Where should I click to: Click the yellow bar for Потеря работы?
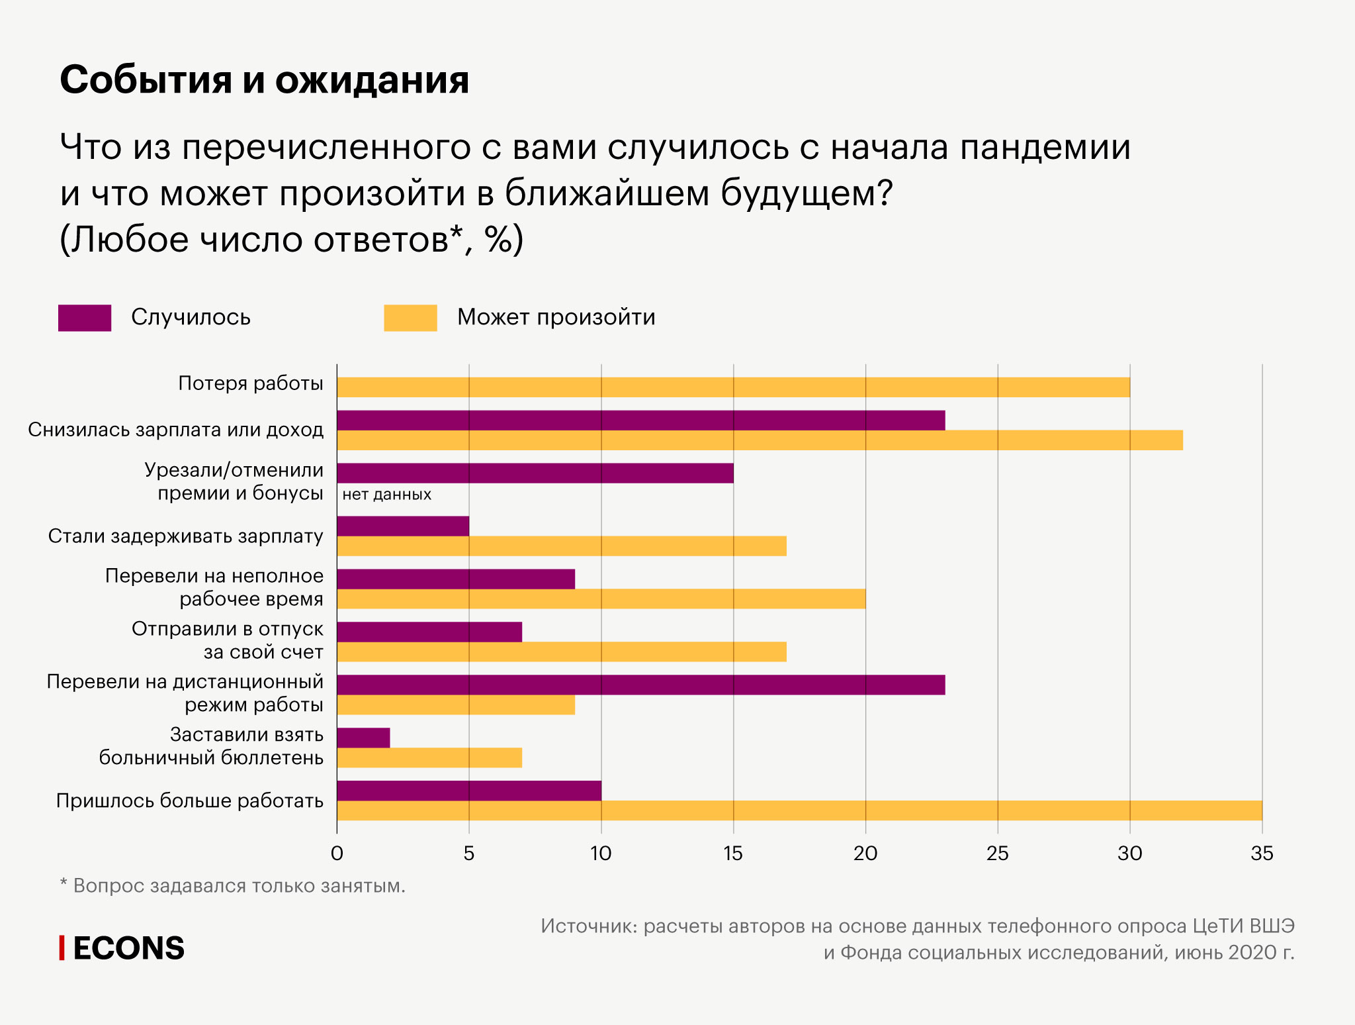(733, 387)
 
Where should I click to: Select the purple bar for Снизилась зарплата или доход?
(640, 420)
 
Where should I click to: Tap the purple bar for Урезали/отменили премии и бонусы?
(535, 473)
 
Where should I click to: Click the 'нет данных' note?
(386, 495)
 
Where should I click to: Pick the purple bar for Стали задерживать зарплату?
(402, 526)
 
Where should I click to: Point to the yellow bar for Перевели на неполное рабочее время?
(601, 599)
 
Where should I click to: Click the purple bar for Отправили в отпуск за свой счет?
(429, 632)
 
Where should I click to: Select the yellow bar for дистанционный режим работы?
(455, 705)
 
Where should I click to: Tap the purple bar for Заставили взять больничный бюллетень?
(363, 738)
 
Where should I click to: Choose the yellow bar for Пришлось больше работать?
(799, 810)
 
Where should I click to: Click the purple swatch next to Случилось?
(85, 318)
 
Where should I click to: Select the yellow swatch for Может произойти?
(410, 318)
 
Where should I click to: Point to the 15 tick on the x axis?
(733, 854)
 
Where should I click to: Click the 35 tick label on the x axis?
(1262, 854)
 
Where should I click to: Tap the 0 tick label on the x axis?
(337, 854)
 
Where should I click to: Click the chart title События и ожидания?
(264, 80)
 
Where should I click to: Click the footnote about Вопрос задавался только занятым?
(232, 885)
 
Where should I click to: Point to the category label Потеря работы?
(251, 383)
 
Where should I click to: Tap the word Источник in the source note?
(588, 926)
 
